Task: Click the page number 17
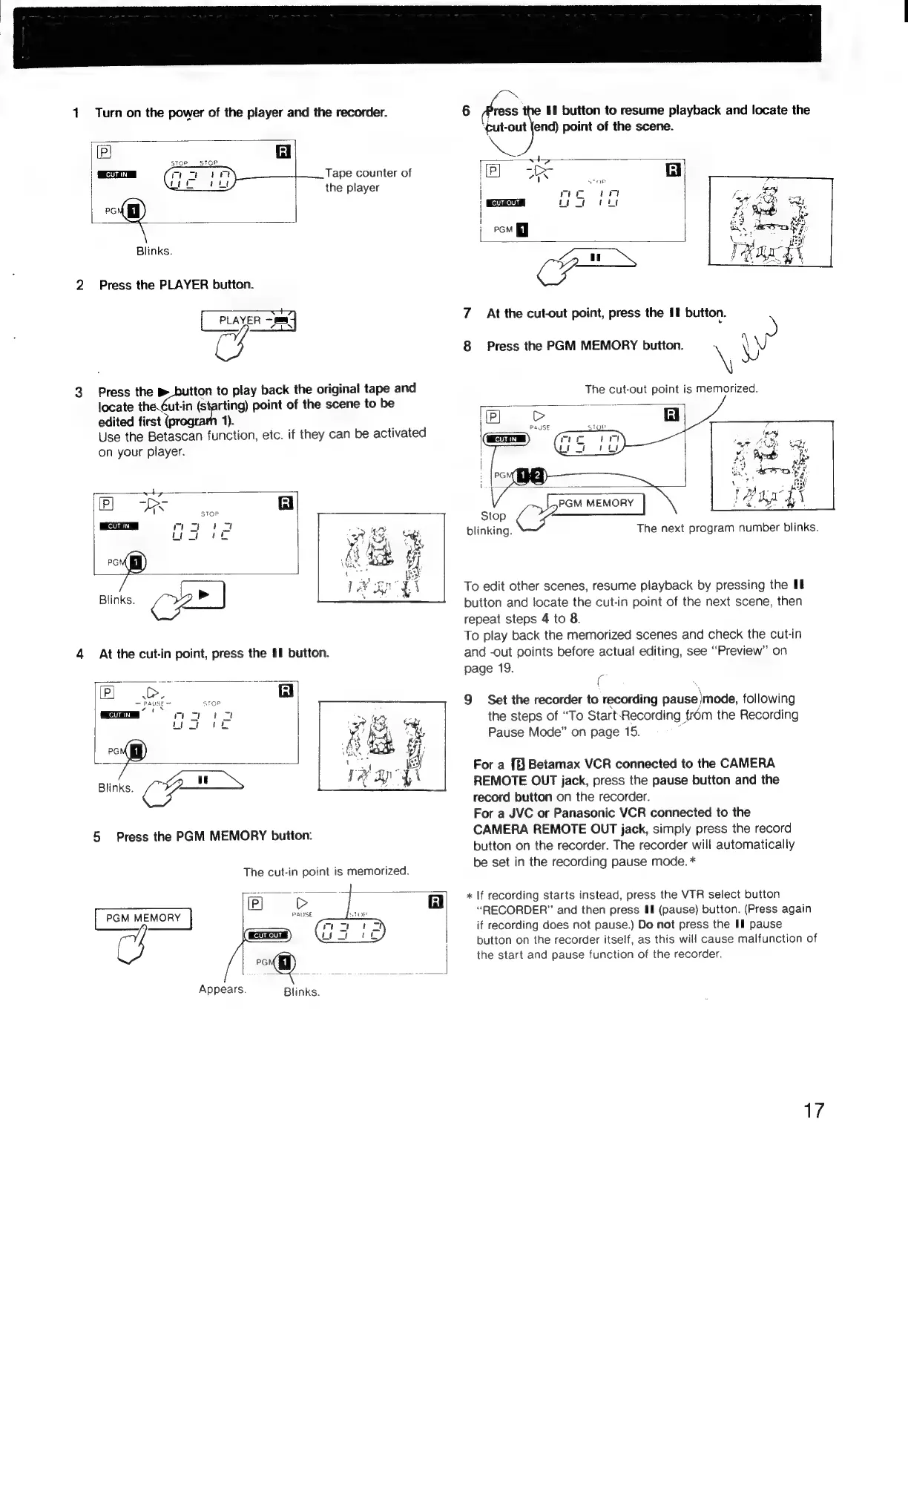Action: (x=814, y=1111)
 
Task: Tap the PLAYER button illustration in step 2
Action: (x=248, y=321)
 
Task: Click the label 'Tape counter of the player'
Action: (x=368, y=180)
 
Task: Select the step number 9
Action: (x=469, y=700)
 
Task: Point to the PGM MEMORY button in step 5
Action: (x=143, y=919)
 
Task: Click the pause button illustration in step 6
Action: (x=596, y=258)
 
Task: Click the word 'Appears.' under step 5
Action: (x=223, y=989)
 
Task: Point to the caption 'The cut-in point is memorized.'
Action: (x=326, y=870)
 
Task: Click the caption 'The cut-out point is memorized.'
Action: (x=671, y=389)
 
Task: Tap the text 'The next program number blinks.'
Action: (x=727, y=528)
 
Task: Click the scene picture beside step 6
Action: (x=771, y=222)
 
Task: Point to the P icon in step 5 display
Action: (x=254, y=903)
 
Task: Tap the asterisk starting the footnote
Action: (x=469, y=895)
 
